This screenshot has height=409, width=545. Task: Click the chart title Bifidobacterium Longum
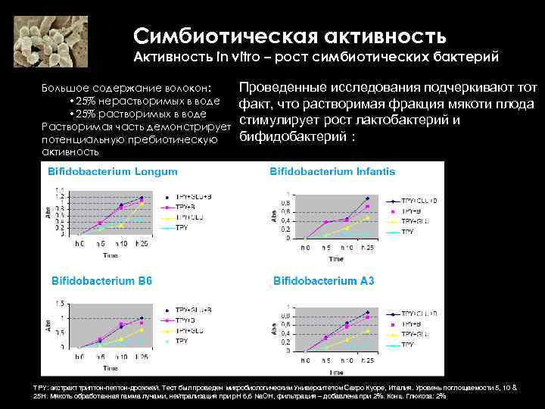tap(102, 172)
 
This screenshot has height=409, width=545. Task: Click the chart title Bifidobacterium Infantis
tap(332, 172)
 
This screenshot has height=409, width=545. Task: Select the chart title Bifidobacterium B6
tap(101, 281)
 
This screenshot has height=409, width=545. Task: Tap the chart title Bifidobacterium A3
tap(323, 281)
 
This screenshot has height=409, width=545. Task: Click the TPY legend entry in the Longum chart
tap(182, 227)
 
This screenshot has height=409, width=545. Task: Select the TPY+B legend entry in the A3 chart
tap(413, 323)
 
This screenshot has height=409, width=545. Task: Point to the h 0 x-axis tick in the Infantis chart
tap(305, 248)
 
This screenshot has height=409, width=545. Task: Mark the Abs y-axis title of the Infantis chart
tap(275, 217)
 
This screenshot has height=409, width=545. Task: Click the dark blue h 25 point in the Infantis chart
tap(366, 198)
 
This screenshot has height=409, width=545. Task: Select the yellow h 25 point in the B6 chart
tap(141, 330)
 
